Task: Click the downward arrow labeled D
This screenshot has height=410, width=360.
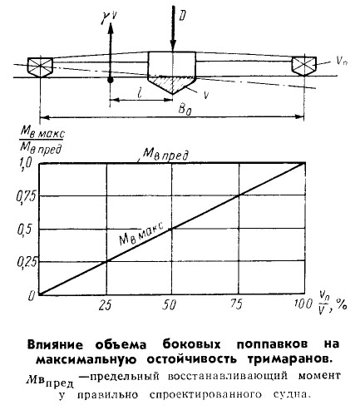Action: tap(173, 28)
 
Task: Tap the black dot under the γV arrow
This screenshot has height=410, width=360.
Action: tap(111, 80)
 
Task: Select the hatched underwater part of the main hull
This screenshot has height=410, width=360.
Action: tap(172, 84)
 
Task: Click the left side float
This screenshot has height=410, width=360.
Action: tap(40, 67)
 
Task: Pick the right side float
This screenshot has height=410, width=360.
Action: tap(304, 66)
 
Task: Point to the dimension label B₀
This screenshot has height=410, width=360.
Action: tap(185, 110)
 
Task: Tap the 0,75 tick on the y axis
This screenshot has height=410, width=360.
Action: tap(26, 197)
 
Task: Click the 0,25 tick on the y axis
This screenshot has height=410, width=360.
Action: tap(27, 262)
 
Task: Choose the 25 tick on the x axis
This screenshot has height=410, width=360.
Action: tap(105, 305)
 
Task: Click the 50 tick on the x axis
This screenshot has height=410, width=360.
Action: tap(170, 305)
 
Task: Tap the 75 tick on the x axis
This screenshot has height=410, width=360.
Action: tap(236, 304)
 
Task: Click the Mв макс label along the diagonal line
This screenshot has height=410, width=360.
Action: tap(141, 234)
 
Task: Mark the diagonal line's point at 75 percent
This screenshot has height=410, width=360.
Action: tap(239, 195)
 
